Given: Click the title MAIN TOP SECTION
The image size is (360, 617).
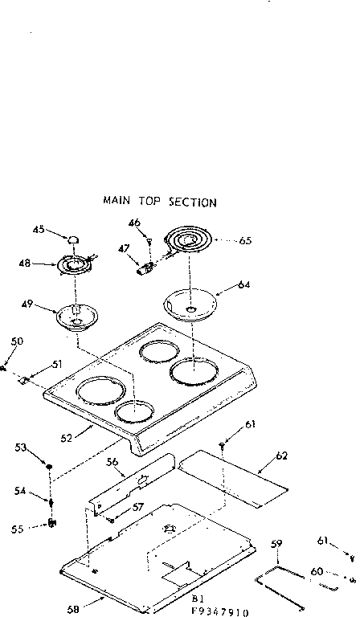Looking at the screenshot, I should [x=159, y=202].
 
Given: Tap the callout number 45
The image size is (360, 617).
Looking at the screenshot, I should [x=38, y=230].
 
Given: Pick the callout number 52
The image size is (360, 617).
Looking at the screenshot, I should [x=67, y=438].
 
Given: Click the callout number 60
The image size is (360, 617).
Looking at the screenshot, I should [x=317, y=571].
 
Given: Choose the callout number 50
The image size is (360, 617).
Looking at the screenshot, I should [x=17, y=341].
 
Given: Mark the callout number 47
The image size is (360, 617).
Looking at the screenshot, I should [x=123, y=250].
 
